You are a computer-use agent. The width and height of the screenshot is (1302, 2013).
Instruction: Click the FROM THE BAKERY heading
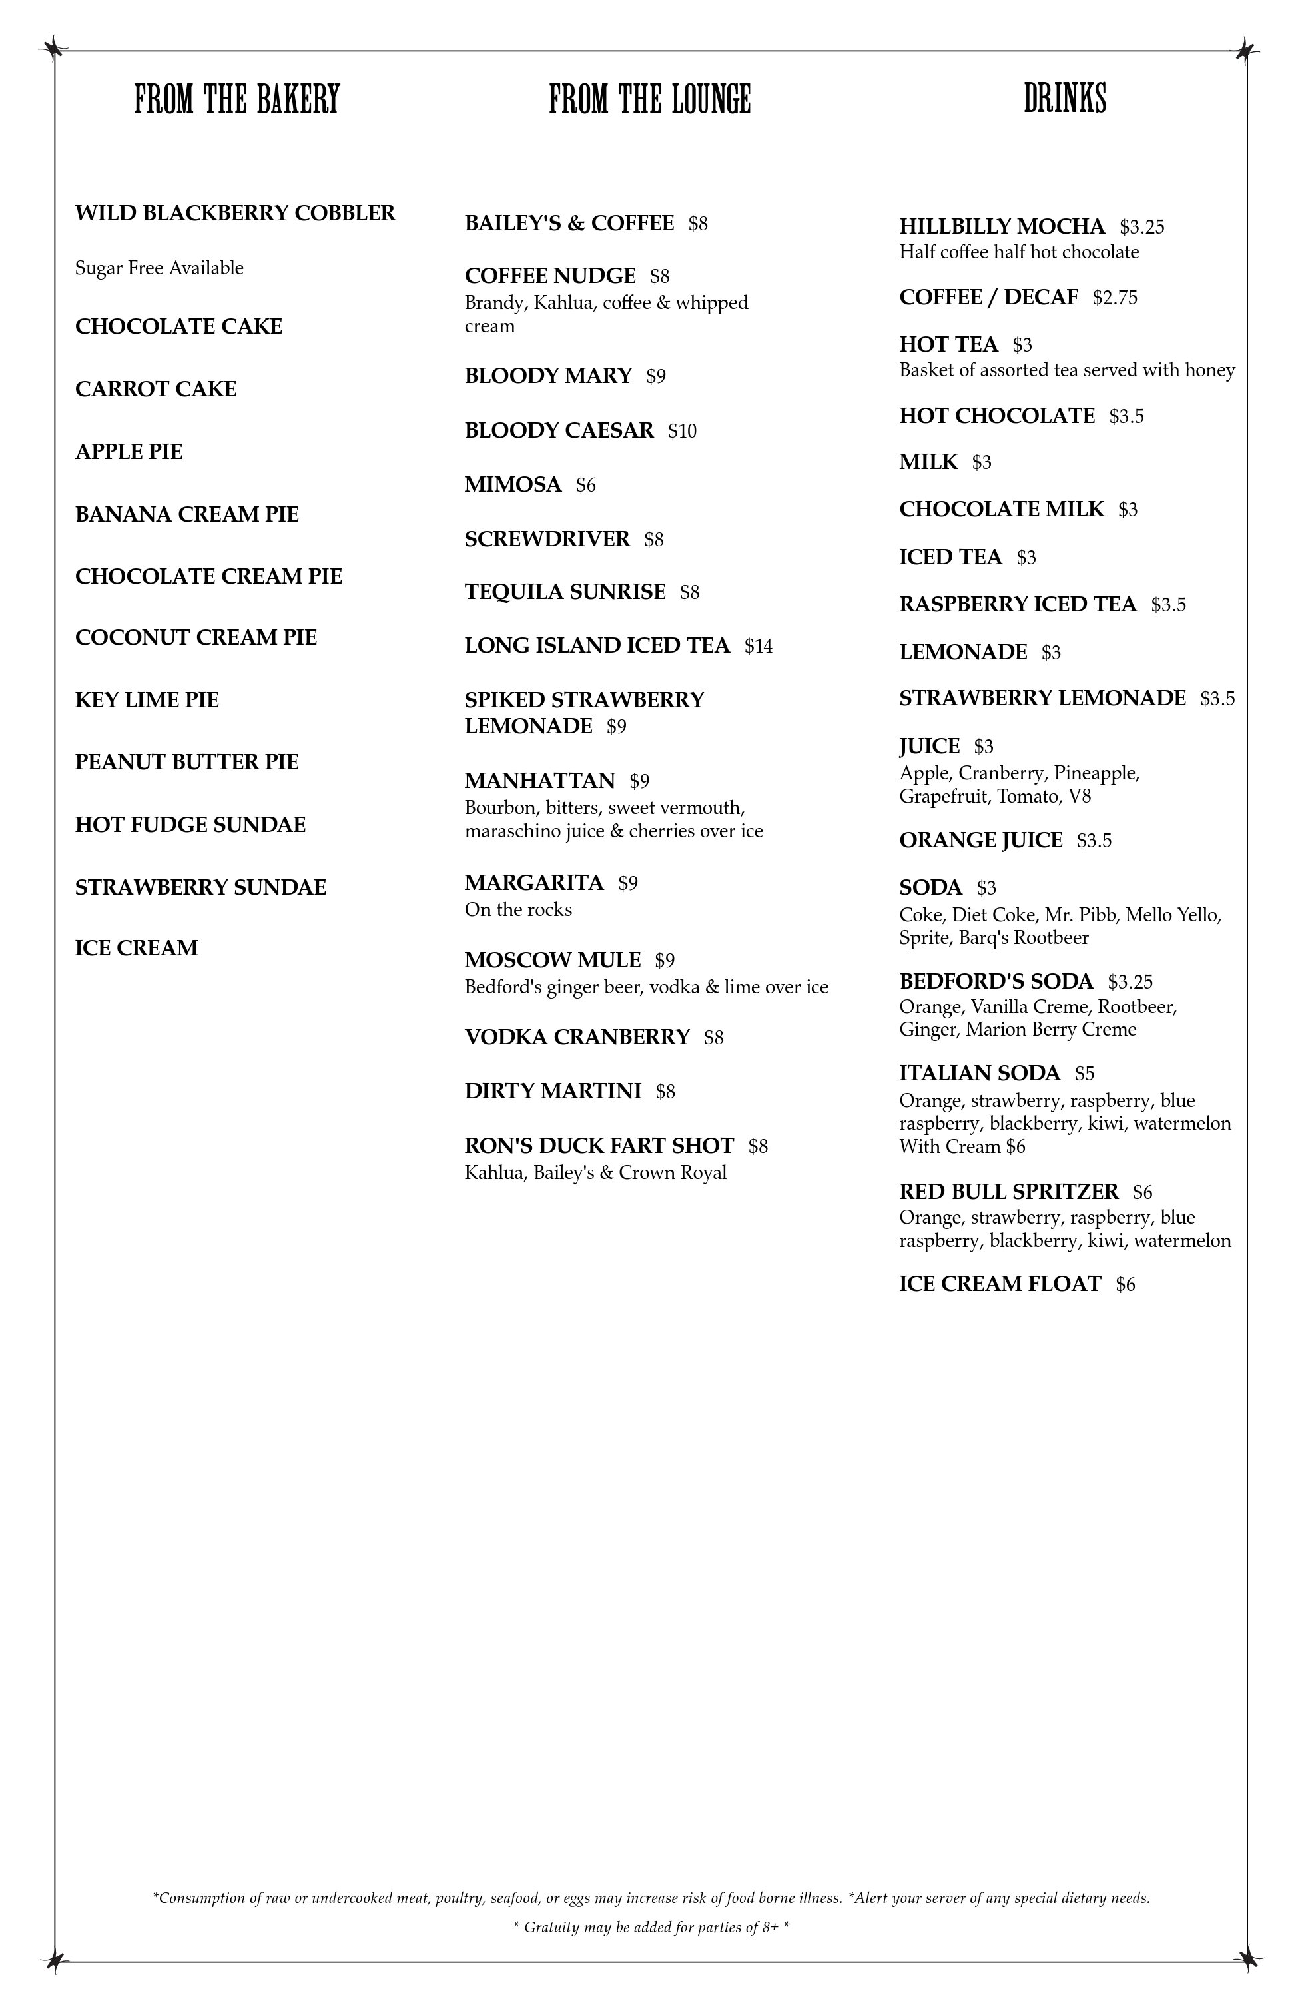tap(236, 100)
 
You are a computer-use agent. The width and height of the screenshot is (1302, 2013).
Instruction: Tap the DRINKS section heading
tap(1064, 99)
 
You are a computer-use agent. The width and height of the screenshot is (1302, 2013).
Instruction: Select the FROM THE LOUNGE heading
tap(649, 100)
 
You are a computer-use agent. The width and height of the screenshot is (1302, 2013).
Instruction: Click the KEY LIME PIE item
tap(147, 700)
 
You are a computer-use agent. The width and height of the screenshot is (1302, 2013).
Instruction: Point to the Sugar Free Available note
tap(159, 268)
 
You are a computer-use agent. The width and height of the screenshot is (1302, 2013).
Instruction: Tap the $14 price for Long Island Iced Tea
tap(759, 647)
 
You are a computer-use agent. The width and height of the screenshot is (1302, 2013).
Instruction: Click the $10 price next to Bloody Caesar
tap(682, 431)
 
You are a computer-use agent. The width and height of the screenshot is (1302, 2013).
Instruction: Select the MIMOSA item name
tap(512, 484)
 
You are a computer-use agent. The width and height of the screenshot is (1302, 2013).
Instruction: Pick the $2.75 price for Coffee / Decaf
tap(1114, 298)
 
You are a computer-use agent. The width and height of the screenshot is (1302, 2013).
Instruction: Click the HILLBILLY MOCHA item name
tap(1002, 226)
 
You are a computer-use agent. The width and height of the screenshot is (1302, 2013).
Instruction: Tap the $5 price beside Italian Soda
tap(1085, 1074)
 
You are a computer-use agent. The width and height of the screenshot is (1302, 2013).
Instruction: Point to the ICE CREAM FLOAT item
tap(1000, 1284)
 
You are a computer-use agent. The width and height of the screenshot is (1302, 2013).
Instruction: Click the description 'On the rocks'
tap(518, 910)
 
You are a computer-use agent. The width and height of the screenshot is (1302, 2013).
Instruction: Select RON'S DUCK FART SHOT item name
tap(599, 1146)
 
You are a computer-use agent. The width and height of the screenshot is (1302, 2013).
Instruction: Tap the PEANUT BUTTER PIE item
tap(187, 762)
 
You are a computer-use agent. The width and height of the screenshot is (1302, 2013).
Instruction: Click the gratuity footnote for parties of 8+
tap(651, 1928)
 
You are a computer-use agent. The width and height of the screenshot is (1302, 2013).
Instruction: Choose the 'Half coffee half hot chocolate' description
tap(1019, 252)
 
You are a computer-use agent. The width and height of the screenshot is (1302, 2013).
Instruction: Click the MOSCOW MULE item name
tap(552, 960)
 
